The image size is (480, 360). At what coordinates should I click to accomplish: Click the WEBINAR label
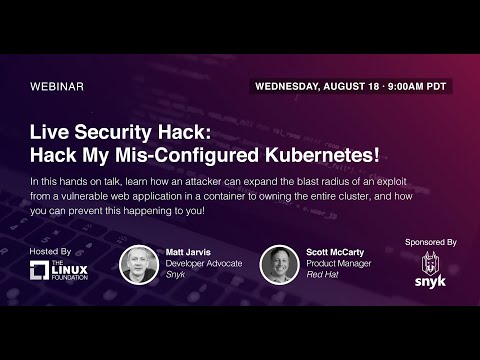[x=57, y=86]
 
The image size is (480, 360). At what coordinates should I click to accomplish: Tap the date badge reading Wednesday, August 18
[x=351, y=86]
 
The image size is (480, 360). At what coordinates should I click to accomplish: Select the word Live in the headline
[x=50, y=131]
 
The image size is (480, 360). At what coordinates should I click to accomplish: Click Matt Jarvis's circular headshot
[x=138, y=265]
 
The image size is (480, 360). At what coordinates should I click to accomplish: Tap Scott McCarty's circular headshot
[x=279, y=265]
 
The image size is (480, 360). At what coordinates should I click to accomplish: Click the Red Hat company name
[x=320, y=275]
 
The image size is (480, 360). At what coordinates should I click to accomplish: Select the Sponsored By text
[x=431, y=242]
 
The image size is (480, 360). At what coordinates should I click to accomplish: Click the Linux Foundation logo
[x=59, y=270]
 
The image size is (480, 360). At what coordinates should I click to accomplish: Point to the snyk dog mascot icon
[x=430, y=265]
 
